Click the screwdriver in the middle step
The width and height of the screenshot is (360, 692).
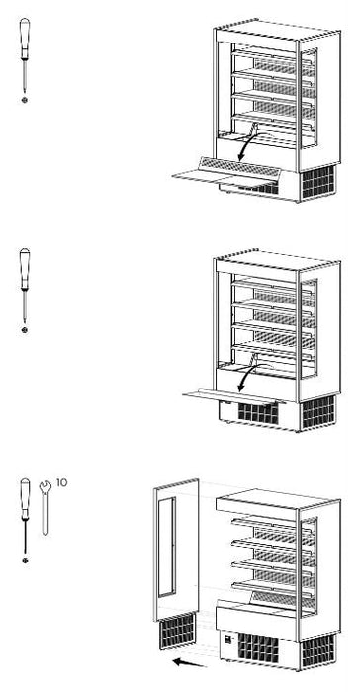click(25, 285)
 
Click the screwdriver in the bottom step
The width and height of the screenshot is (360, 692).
click(25, 515)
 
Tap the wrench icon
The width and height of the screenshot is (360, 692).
click(45, 507)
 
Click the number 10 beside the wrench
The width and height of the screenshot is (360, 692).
click(62, 482)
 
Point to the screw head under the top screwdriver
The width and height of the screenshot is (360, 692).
click(25, 100)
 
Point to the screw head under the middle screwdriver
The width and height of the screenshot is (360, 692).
click(25, 329)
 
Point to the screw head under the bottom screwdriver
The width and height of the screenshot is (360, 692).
click(25, 561)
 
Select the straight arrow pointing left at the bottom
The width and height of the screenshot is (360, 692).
click(189, 662)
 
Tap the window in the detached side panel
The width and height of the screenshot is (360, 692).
click(167, 548)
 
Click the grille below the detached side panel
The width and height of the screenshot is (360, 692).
click(177, 632)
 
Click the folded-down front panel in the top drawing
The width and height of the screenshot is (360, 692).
click(227, 173)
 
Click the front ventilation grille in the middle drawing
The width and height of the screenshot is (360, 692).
click(258, 413)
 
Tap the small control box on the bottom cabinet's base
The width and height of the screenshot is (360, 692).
click(228, 639)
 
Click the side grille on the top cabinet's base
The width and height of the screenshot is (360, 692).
click(318, 181)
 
